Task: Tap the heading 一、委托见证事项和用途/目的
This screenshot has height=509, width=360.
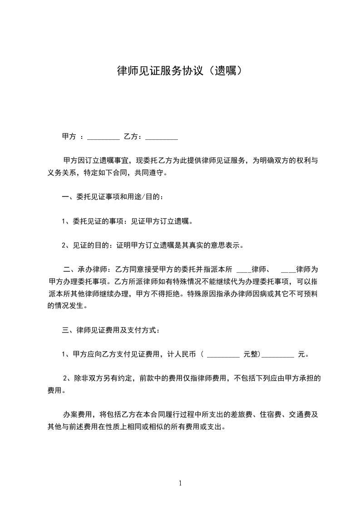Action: (x=112, y=197)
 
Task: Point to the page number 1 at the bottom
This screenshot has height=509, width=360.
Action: (x=180, y=483)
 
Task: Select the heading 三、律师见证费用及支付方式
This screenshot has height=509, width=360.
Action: (x=110, y=330)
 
